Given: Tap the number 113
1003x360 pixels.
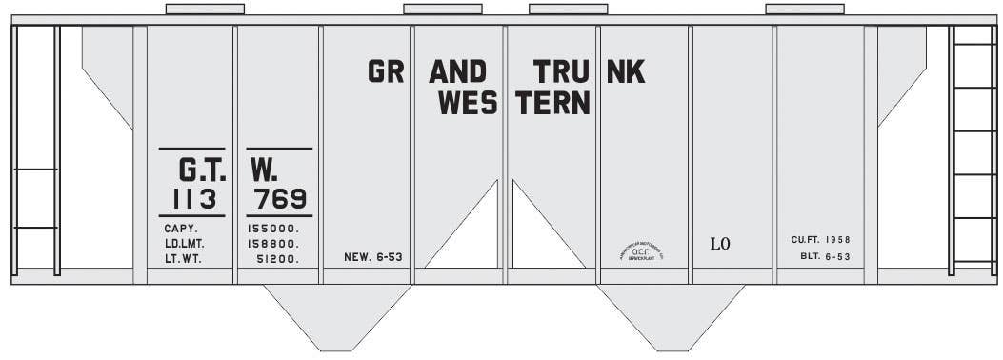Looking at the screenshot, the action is point(196,199).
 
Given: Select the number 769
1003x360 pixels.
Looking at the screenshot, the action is point(280,199).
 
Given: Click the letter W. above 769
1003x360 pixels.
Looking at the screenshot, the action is point(264,170).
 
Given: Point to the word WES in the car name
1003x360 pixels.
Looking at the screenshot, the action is point(469,103).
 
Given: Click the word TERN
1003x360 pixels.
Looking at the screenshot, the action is point(553,103).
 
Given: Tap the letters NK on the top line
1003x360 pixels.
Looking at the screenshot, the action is point(626,71).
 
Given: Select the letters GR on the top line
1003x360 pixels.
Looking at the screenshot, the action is point(386,71).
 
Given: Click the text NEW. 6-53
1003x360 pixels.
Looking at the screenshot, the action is point(373,257).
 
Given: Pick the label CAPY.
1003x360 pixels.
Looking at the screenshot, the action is point(180,229).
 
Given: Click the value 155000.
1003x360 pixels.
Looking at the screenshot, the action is point(273,229).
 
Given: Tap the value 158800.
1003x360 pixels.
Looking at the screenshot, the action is point(273,243).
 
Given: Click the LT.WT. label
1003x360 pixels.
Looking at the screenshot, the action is point(182,258).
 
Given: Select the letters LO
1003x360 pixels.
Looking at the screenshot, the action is point(720,244).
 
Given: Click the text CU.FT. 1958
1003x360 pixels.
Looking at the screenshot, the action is point(820,239).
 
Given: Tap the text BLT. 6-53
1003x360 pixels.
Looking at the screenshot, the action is point(825,257).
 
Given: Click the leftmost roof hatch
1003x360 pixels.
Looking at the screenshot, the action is point(205,10).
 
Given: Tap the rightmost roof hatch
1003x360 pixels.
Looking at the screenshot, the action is point(804,10).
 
